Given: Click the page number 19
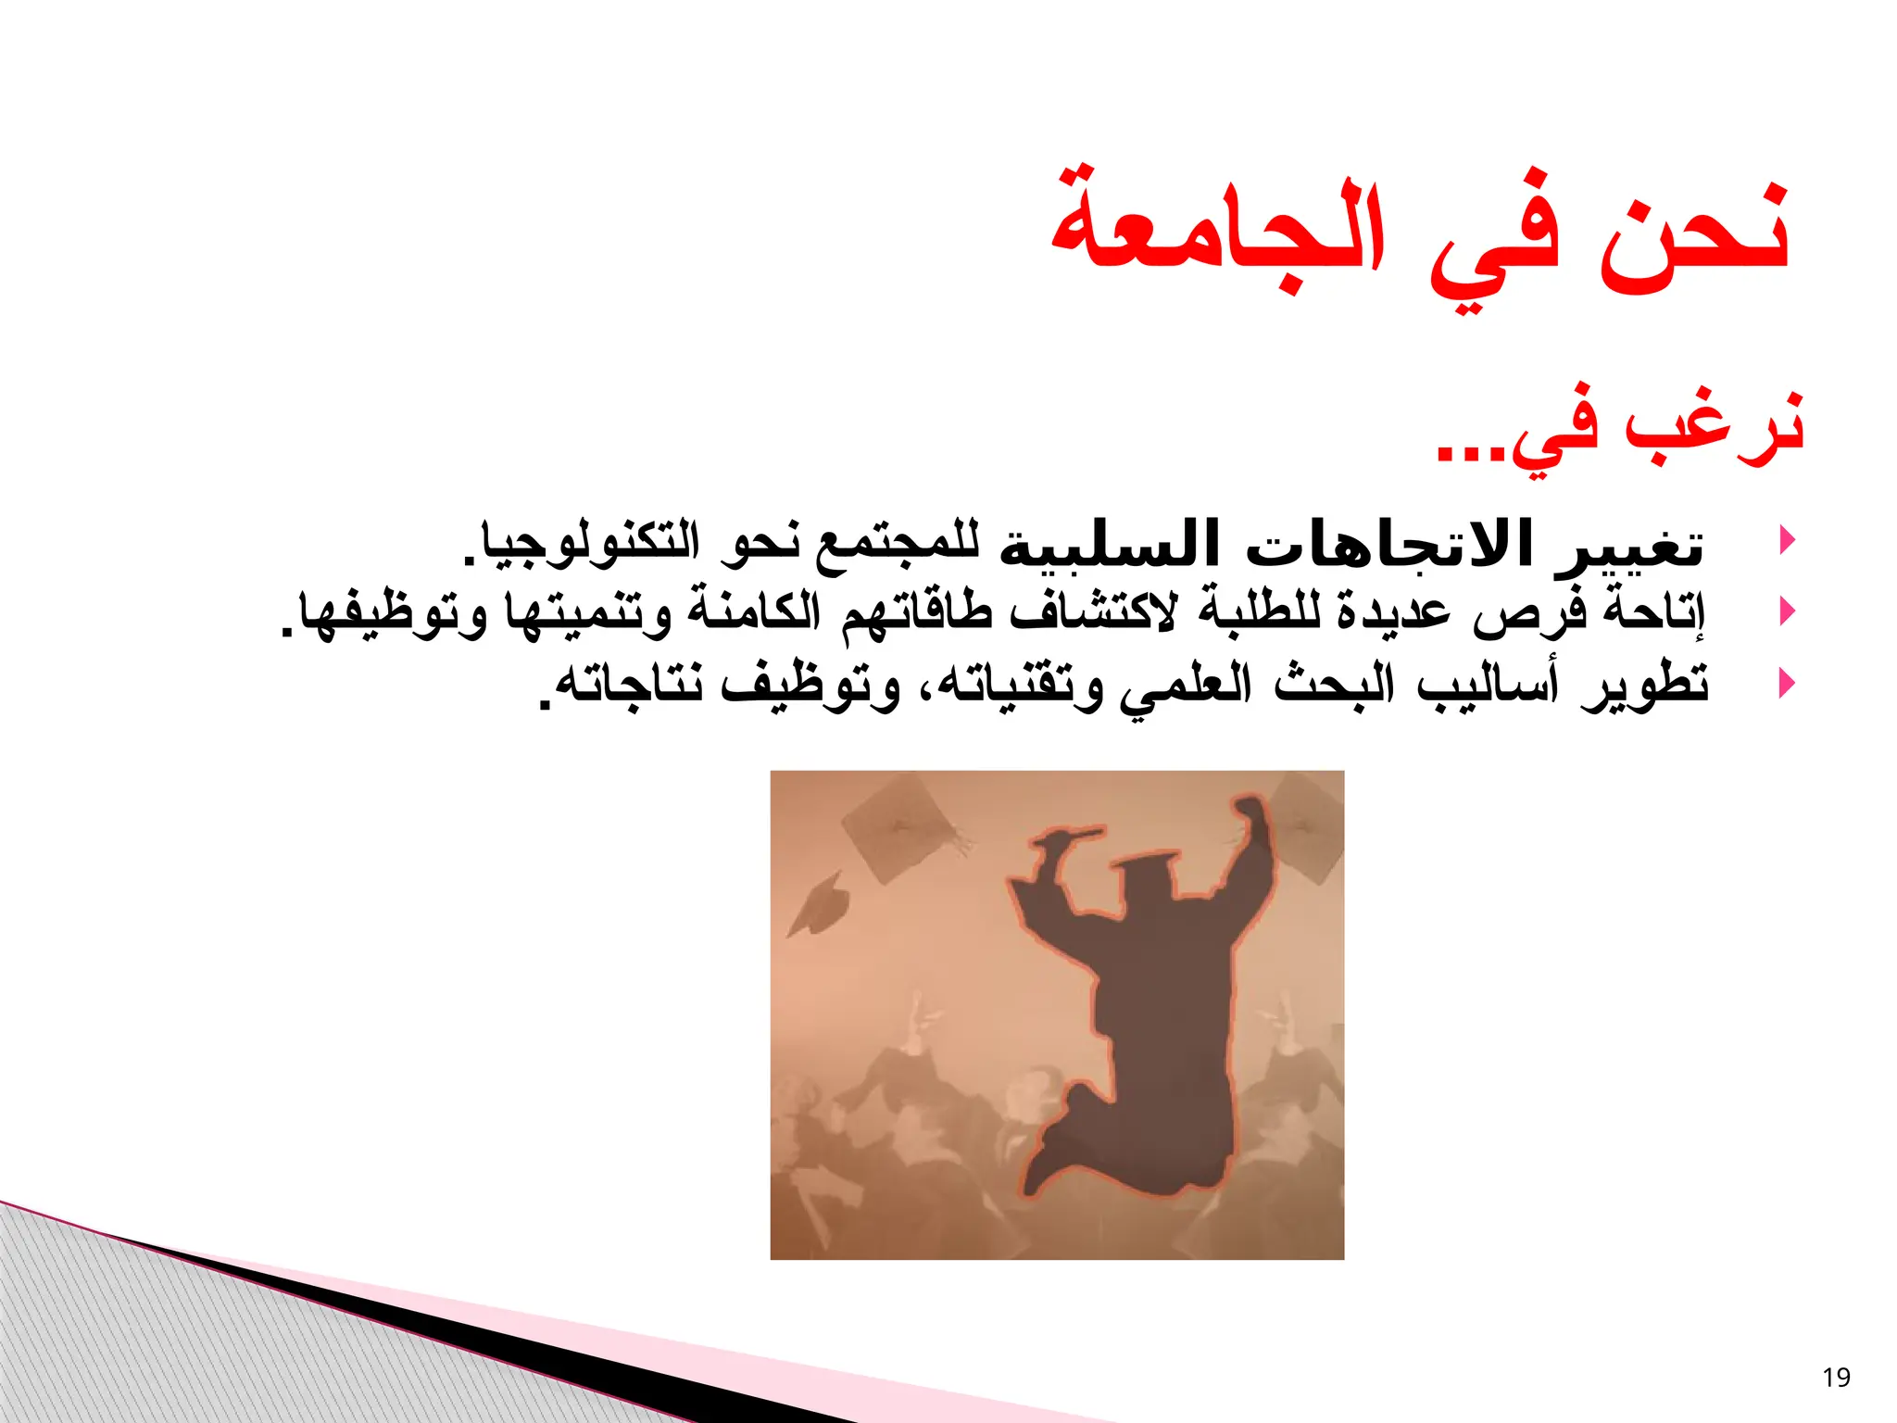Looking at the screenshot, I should [x=1835, y=1378].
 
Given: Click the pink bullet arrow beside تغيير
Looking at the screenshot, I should [x=1788, y=539].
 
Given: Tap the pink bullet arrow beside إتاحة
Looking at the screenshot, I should [x=1788, y=611].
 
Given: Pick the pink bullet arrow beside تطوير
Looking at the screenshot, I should [x=1788, y=684].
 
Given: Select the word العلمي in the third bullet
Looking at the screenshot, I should [x=1186, y=686].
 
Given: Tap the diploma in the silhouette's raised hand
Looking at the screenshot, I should [x=1065, y=838].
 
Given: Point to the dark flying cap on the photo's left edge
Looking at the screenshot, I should [x=820, y=904].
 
